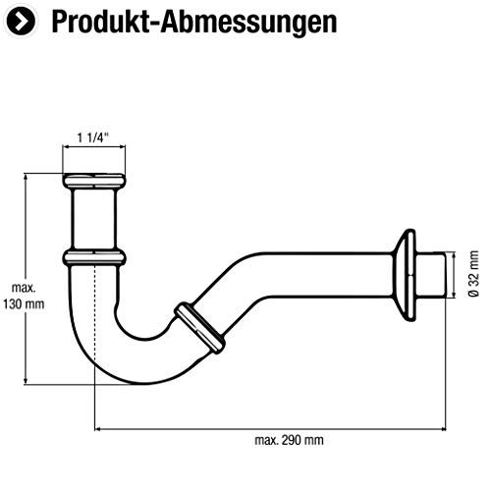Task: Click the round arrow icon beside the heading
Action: click(21, 20)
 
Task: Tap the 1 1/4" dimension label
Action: click(94, 138)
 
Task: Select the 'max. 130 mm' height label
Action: click(24, 296)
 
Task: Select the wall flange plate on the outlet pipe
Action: click(406, 275)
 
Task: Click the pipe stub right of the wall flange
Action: click(436, 275)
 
